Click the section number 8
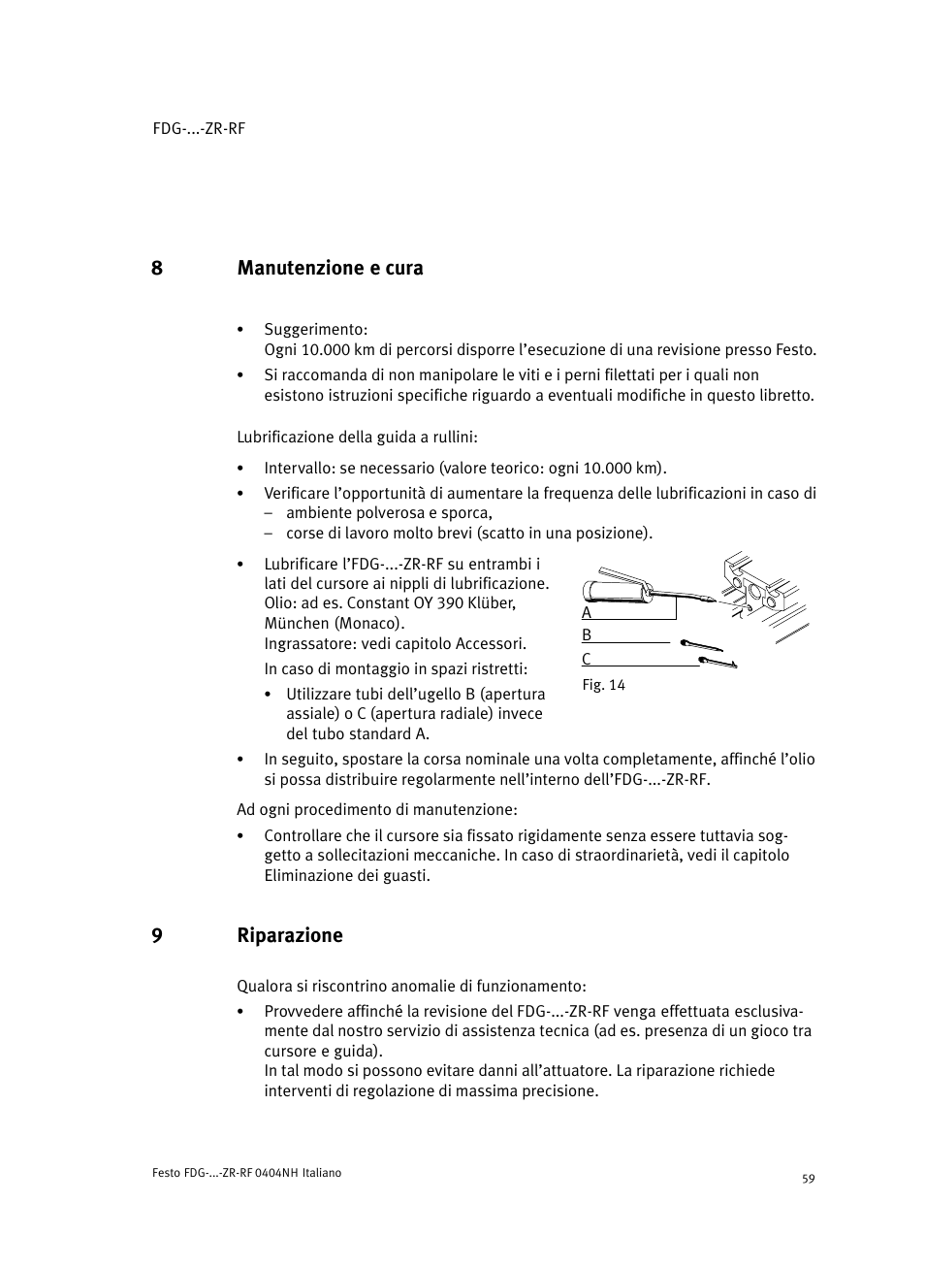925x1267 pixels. (x=156, y=268)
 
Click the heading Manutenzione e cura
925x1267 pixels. (x=330, y=268)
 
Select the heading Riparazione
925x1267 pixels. (x=290, y=935)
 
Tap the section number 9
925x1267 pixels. (x=156, y=935)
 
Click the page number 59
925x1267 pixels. (x=809, y=1179)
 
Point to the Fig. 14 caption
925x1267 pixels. (x=603, y=685)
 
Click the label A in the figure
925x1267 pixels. (x=587, y=613)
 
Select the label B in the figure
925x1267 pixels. (x=587, y=635)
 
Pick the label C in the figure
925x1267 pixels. (x=587, y=660)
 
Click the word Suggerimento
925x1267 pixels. (x=315, y=330)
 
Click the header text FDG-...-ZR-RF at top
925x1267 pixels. (x=199, y=128)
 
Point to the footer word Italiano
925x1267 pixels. (x=322, y=1173)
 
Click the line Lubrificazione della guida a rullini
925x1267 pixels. (x=357, y=438)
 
